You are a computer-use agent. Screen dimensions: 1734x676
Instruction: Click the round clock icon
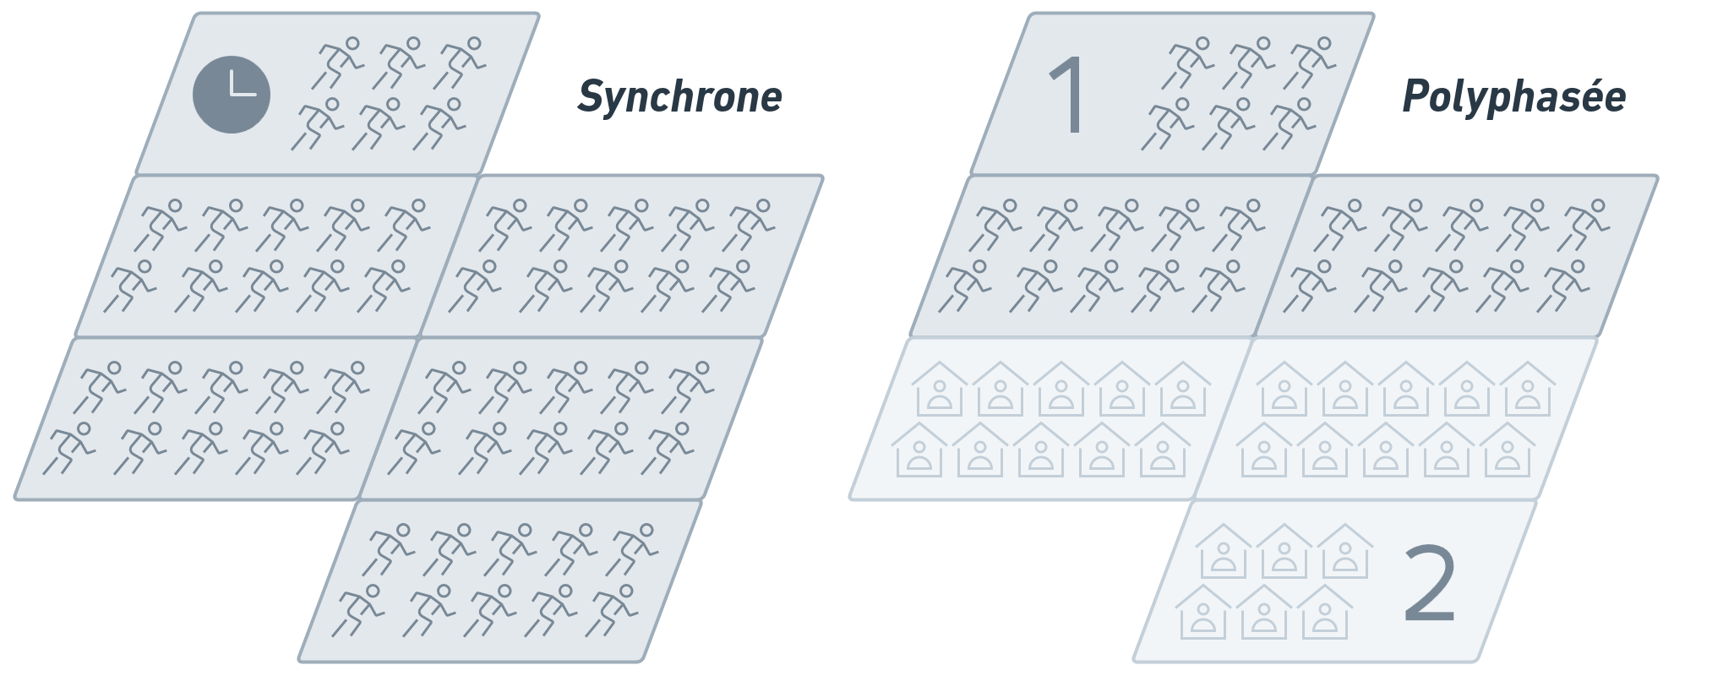pos(232,94)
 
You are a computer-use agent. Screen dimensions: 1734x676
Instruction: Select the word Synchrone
pos(679,97)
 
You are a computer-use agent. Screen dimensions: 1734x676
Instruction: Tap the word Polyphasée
pos(1513,97)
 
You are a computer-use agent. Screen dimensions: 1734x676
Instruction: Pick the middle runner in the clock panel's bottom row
pos(379,123)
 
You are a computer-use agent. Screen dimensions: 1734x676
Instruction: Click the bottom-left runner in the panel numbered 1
pos(1166,123)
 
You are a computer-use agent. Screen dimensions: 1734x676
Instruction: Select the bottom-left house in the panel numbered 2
pos(1203,612)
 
